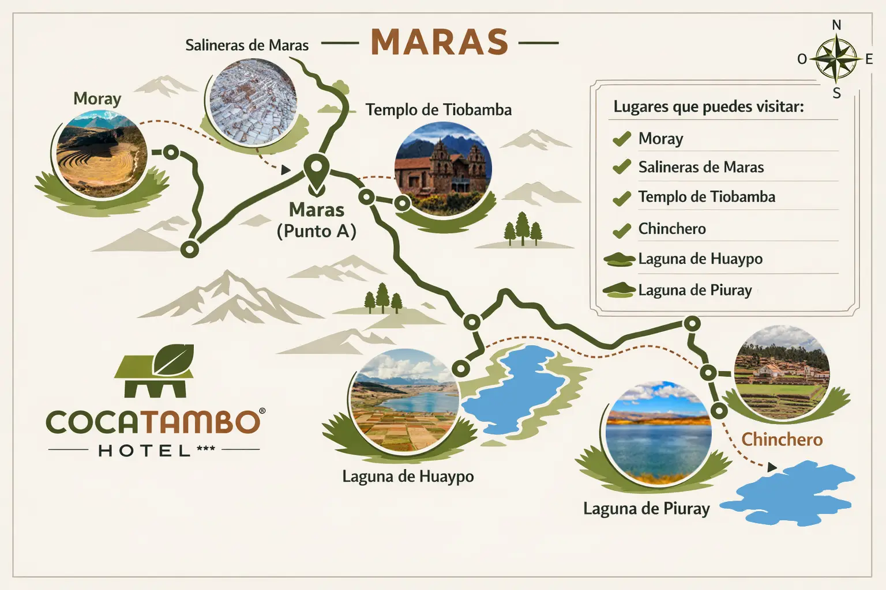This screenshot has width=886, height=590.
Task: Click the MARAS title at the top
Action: [439, 42]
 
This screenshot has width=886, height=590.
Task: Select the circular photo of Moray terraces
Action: [102, 154]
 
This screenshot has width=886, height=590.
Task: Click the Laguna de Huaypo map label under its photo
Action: [408, 476]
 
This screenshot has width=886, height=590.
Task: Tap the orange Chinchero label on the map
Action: [782, 440]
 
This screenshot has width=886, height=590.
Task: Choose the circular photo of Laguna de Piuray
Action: [658, 432]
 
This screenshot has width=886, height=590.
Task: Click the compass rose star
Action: [836, 59]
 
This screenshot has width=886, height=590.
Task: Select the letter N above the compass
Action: [836, 25]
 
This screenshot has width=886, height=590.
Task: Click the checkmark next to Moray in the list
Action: [621, 139]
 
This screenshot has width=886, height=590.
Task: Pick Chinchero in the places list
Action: [672, 229]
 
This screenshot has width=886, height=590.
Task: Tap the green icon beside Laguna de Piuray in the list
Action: [619, 290]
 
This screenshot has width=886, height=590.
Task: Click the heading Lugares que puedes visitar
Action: [708, 107]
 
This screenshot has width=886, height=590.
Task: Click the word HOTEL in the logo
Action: [144, 451]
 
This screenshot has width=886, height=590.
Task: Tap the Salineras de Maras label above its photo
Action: [247, 45]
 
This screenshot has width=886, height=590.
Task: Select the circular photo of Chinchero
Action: [782, 373]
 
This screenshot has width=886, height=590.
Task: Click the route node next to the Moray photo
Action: [171, 153]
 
